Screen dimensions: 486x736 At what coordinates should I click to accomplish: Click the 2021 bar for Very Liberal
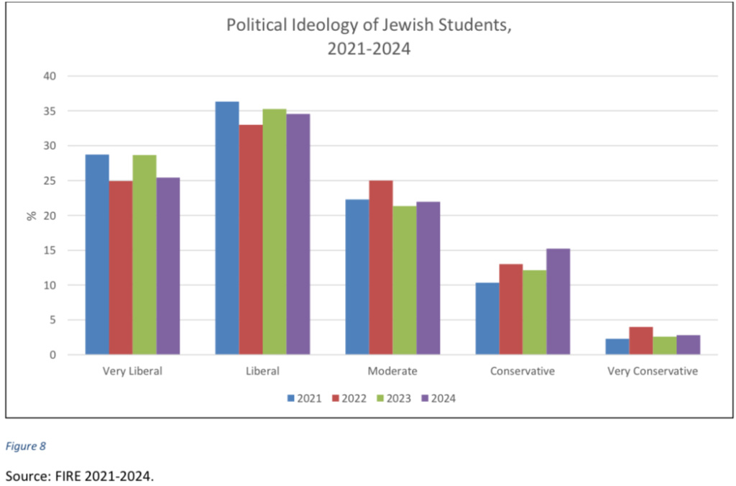97,255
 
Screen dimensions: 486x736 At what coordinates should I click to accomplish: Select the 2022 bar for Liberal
251,239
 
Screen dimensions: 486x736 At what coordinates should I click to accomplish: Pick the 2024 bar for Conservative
558,301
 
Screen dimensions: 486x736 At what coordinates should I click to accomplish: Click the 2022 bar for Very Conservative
641,341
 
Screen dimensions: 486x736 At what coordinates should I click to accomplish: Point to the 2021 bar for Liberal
227,228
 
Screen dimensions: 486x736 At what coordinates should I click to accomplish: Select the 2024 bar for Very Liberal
168,266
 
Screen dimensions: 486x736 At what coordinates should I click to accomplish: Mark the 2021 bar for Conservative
487,318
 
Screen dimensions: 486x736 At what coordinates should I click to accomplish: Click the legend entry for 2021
303,398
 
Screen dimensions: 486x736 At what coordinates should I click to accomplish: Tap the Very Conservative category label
653,372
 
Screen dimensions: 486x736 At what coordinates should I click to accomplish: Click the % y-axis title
32,215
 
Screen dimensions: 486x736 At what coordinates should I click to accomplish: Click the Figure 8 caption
26,446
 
